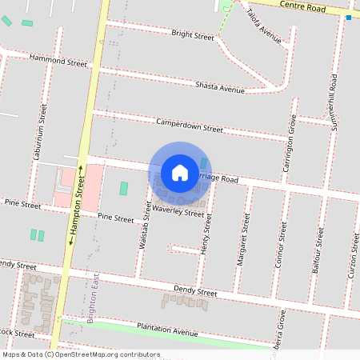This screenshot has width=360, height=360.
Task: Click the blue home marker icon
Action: coord(180,173)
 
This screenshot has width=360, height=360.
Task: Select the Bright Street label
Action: coord(193,35)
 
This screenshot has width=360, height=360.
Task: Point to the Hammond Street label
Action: coord(58,60)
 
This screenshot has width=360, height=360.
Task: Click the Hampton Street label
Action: coord(78,207)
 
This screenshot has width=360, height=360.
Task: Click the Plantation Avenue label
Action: coord(166,329)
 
